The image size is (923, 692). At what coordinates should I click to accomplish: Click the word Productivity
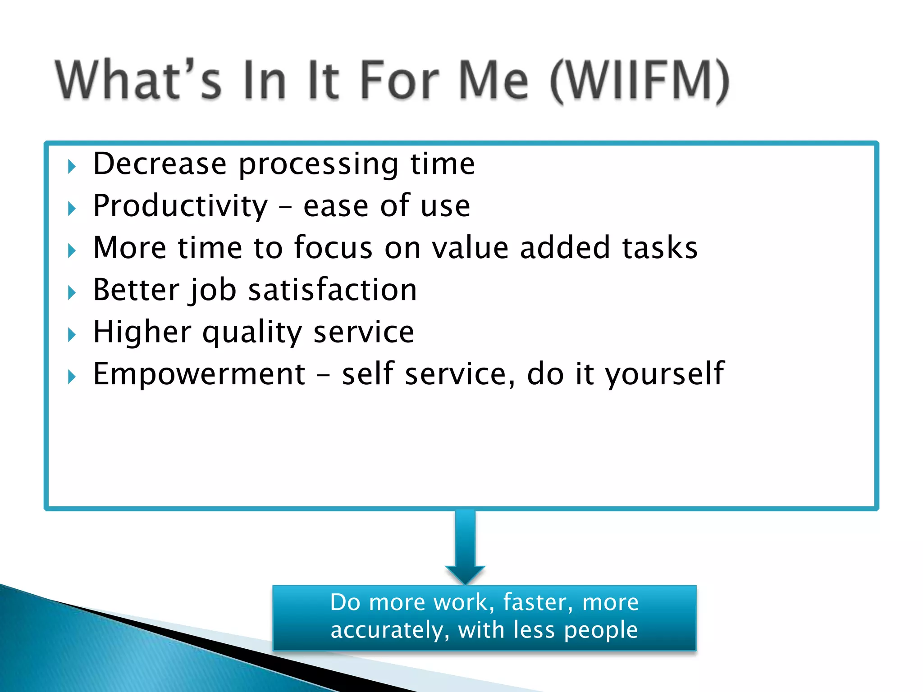coord(180,206)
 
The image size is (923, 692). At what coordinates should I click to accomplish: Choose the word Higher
coord(142,332)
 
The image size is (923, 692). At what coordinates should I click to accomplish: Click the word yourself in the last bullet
coord(664,375)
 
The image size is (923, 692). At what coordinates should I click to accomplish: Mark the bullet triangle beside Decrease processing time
coord(72,167)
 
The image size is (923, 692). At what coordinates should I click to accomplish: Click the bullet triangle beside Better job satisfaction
coord(72,293)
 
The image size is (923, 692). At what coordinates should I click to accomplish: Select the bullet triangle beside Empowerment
coord(72,377)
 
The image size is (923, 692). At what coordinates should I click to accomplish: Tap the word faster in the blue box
coord(538,602)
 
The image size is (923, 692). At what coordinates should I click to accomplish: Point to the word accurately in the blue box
coord(387,630)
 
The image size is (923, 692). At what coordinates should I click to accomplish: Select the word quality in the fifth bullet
coord(252,333)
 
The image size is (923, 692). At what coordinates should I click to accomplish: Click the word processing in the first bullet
coord(318,164)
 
